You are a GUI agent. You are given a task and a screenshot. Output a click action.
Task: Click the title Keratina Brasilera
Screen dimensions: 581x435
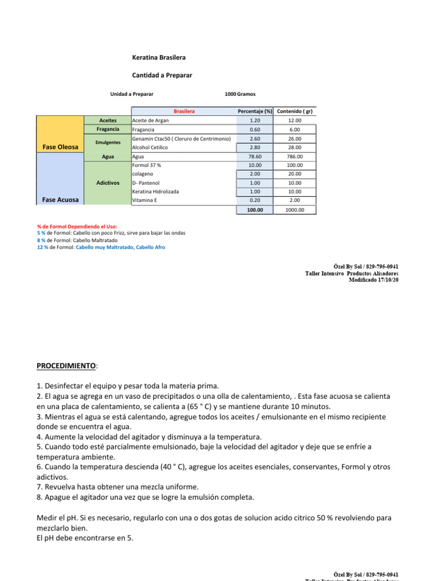[159, 58]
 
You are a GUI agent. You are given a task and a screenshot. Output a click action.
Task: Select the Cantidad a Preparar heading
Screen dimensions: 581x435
[162, 75]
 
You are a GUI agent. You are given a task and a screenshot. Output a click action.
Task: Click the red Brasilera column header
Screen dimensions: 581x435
[184, 111]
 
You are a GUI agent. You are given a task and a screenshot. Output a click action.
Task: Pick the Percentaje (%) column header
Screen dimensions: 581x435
[255, 111]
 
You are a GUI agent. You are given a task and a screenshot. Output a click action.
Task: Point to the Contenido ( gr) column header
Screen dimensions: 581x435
[295, 111]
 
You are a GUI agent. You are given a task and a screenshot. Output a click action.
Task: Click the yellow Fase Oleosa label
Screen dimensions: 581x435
[60, 148]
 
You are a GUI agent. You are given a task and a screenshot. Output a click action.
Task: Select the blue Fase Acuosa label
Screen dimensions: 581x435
[60, 200]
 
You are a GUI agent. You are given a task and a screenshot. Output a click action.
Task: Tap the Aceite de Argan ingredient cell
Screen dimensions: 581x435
[150, 120]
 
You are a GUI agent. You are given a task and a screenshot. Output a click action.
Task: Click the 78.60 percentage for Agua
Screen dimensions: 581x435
[255, 157]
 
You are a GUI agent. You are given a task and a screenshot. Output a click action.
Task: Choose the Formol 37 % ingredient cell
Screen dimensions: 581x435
[147, 165]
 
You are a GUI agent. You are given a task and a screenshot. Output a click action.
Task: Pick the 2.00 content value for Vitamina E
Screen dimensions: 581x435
[295, 200]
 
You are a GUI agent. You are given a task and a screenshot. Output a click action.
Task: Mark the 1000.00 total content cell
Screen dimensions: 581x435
[295, 209]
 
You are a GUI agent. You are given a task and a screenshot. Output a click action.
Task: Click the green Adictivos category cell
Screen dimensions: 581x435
[108, 183]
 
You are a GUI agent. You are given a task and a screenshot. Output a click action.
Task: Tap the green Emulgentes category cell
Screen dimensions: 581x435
[108, 142]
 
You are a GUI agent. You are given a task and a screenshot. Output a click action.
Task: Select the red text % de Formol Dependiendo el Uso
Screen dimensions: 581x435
[77, 226]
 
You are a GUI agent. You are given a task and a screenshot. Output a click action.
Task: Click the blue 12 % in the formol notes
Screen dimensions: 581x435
[42, 247]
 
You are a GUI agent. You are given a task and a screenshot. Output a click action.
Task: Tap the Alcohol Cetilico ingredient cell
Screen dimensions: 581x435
[151, 148]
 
